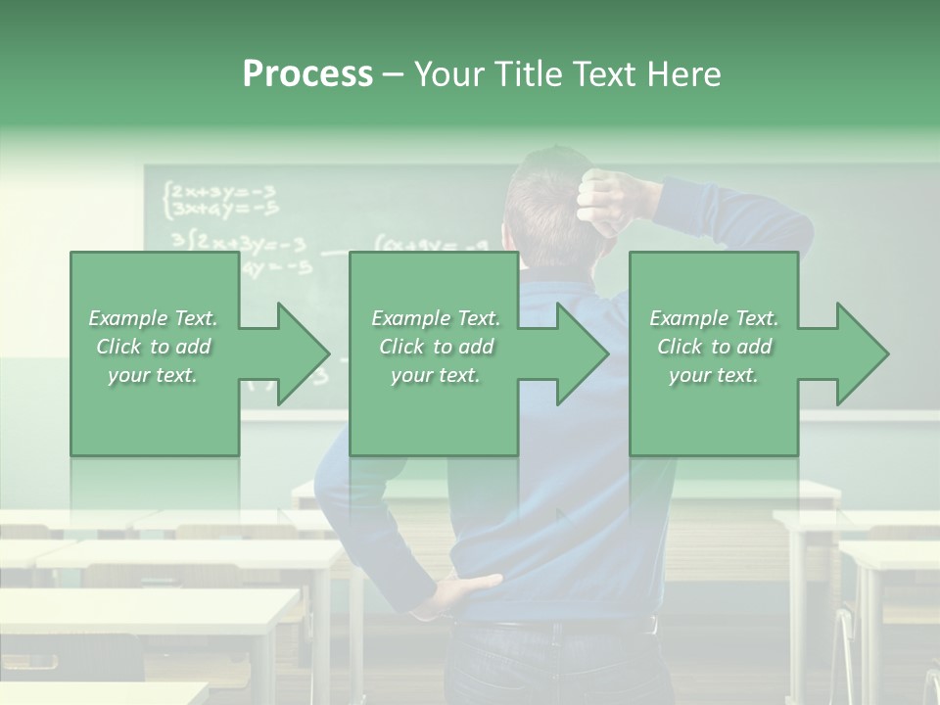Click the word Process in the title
tap(307, 74)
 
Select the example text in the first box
tap(154, 347)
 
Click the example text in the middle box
tap(436, 347)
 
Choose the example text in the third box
tap(714, 347)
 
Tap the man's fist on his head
tap(609, 196)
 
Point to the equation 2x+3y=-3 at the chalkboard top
tap(223, 190)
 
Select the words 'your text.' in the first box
tap(154, 375)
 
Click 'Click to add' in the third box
tap(714, 347)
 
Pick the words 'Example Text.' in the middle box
tap(436, 318)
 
